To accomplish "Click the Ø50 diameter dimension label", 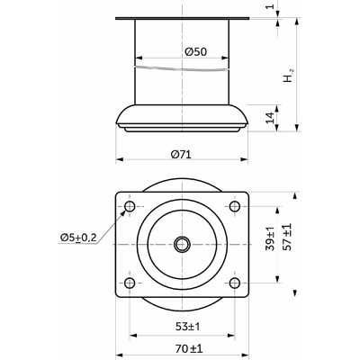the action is (196, 52).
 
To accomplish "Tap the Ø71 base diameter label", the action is (181, 155).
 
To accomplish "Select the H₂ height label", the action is (289, 76).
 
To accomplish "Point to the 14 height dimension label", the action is (270, 117).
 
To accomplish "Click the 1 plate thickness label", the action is (270, 5).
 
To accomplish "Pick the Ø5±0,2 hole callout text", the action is (78, 238).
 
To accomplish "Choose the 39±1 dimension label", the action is (270, 239).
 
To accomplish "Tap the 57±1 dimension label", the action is (288, 237).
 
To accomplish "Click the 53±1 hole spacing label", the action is (188, 327).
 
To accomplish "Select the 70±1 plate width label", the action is (189, 348).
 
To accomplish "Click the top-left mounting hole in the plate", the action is (130, 206).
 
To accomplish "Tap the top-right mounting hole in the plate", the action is (235, 206).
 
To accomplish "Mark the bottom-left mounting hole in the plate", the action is (130, 283).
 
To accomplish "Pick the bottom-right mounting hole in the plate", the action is (235, 283).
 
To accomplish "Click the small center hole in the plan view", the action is (182, 245).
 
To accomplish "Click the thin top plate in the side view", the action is (182, 19).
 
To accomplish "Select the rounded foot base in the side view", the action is (182, 118).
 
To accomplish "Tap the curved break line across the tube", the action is (182, 69).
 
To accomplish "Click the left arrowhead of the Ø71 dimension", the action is (120, 159).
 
